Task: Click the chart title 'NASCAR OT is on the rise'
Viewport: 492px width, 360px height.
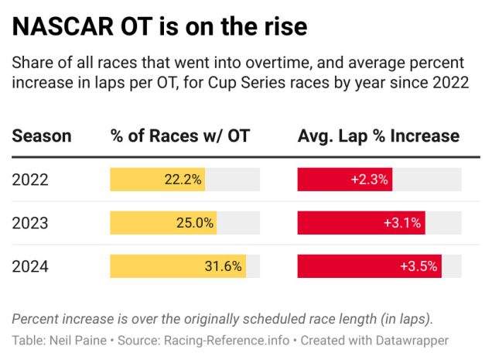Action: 159,27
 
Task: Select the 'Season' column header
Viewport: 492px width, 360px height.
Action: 42,136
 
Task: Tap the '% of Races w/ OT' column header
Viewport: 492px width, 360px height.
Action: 180,136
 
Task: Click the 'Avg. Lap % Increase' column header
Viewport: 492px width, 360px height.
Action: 378,136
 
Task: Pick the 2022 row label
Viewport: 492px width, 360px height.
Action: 30,180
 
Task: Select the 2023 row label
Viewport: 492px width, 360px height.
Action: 30,223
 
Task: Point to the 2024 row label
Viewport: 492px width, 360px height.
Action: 30,266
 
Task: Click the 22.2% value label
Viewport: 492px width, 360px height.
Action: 183,180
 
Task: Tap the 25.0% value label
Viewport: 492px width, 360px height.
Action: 194,223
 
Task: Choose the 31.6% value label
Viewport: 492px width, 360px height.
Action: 224,266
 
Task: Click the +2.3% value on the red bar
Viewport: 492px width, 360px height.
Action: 370,180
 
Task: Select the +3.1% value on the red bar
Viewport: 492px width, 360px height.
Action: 402,223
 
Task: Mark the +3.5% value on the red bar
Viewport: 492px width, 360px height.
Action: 419,266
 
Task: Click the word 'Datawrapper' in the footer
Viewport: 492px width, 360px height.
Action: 411,340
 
